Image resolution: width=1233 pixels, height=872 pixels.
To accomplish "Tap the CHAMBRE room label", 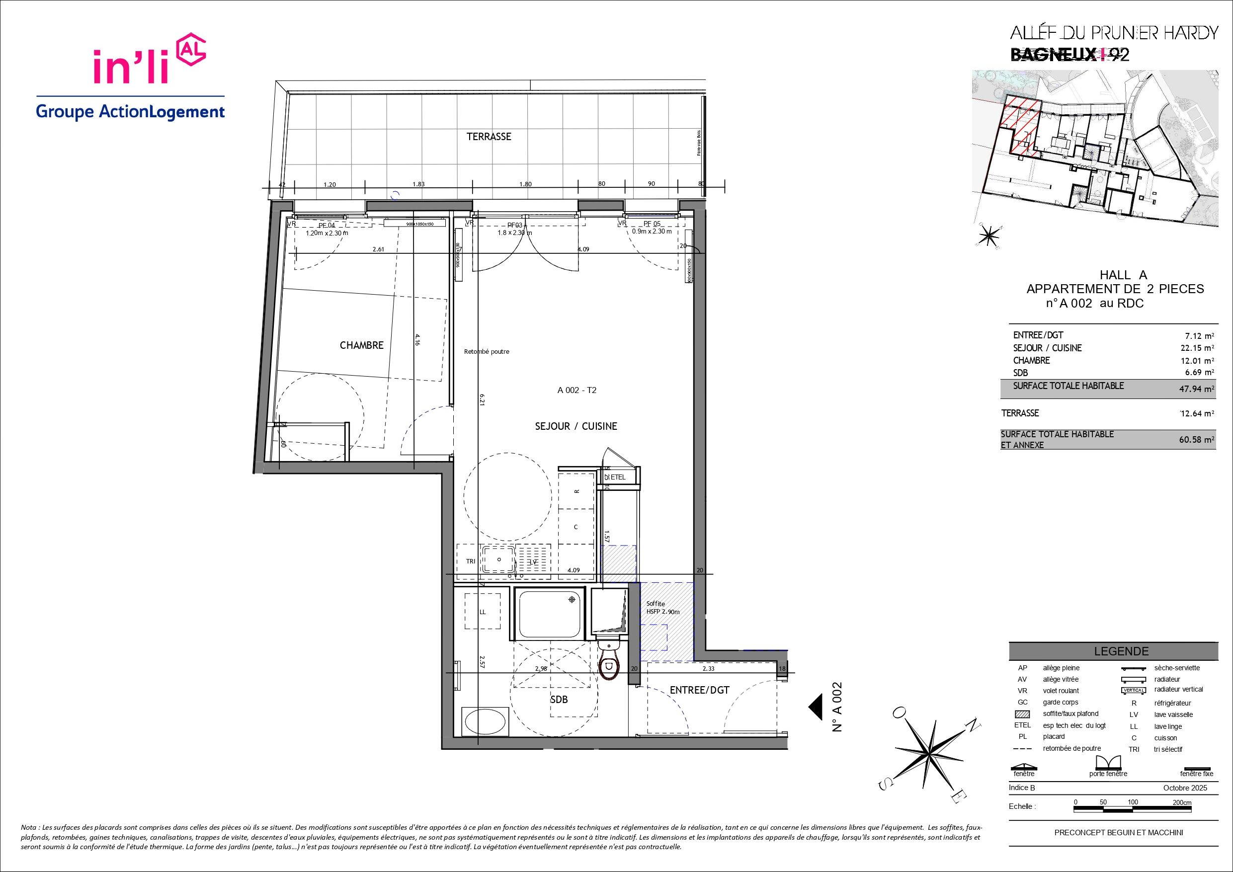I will click(361, 345).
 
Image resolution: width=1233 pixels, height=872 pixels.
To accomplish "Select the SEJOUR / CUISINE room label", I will click(575, 426).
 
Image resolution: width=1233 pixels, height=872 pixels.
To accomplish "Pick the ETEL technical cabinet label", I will click(618, 477).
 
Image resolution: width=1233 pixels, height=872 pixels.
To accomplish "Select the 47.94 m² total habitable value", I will click(1195, 389).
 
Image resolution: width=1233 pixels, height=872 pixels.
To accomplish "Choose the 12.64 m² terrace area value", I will click(1195, 413).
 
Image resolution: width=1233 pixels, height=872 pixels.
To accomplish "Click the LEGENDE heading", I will click(1121, 651).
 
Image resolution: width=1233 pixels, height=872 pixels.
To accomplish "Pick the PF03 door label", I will click(514, 226).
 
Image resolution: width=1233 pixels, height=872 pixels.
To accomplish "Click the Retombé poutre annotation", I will click(486, 352).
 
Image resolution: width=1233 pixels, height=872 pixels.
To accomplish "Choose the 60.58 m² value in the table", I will click(1195, 439).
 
